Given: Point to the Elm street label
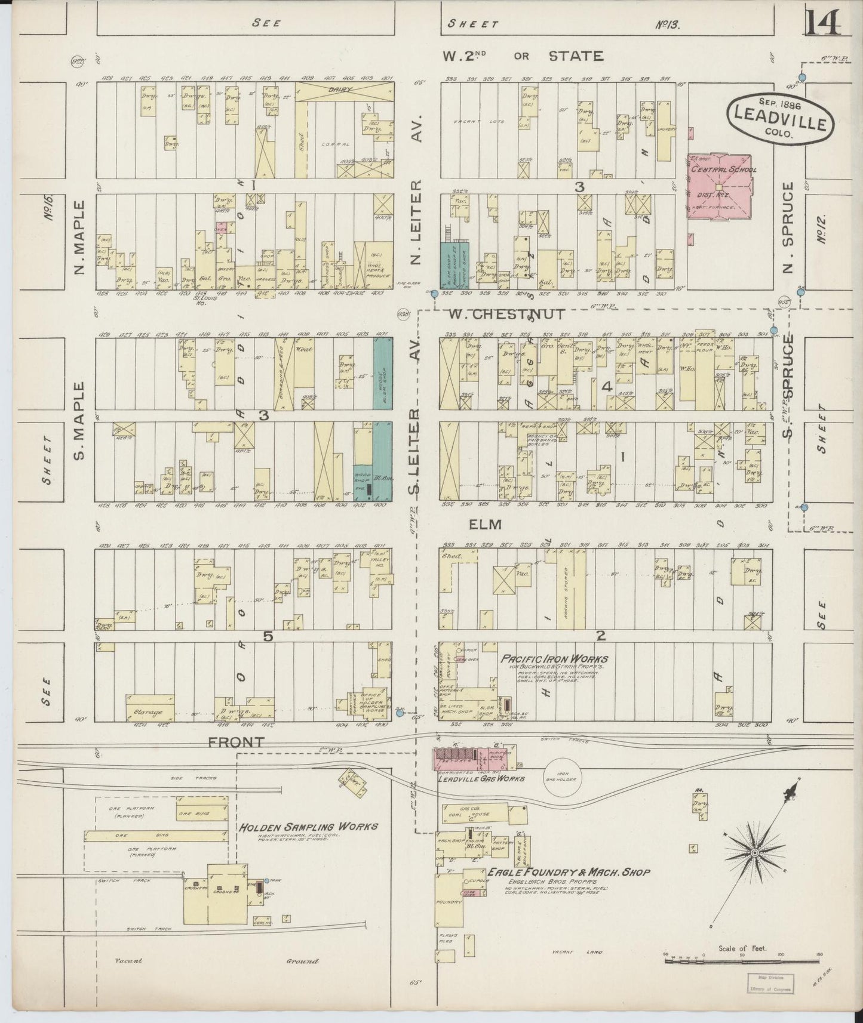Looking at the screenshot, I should [x=484, y=525].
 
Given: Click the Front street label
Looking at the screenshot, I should [x=237, y=742].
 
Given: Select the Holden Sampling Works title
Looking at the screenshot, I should [x=308, y=827].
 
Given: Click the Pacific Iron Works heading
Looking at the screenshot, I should [x=554, y=659].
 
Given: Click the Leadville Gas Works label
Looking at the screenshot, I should [x=481, y=778].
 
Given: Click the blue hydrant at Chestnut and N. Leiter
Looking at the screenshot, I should [x=434, y=293].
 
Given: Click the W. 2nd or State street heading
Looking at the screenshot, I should [x=522, y=56].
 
